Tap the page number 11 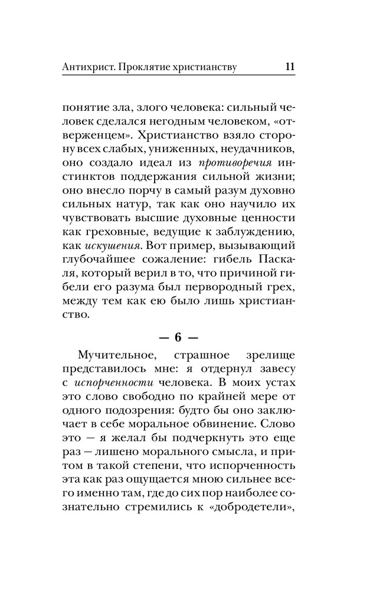289,67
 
